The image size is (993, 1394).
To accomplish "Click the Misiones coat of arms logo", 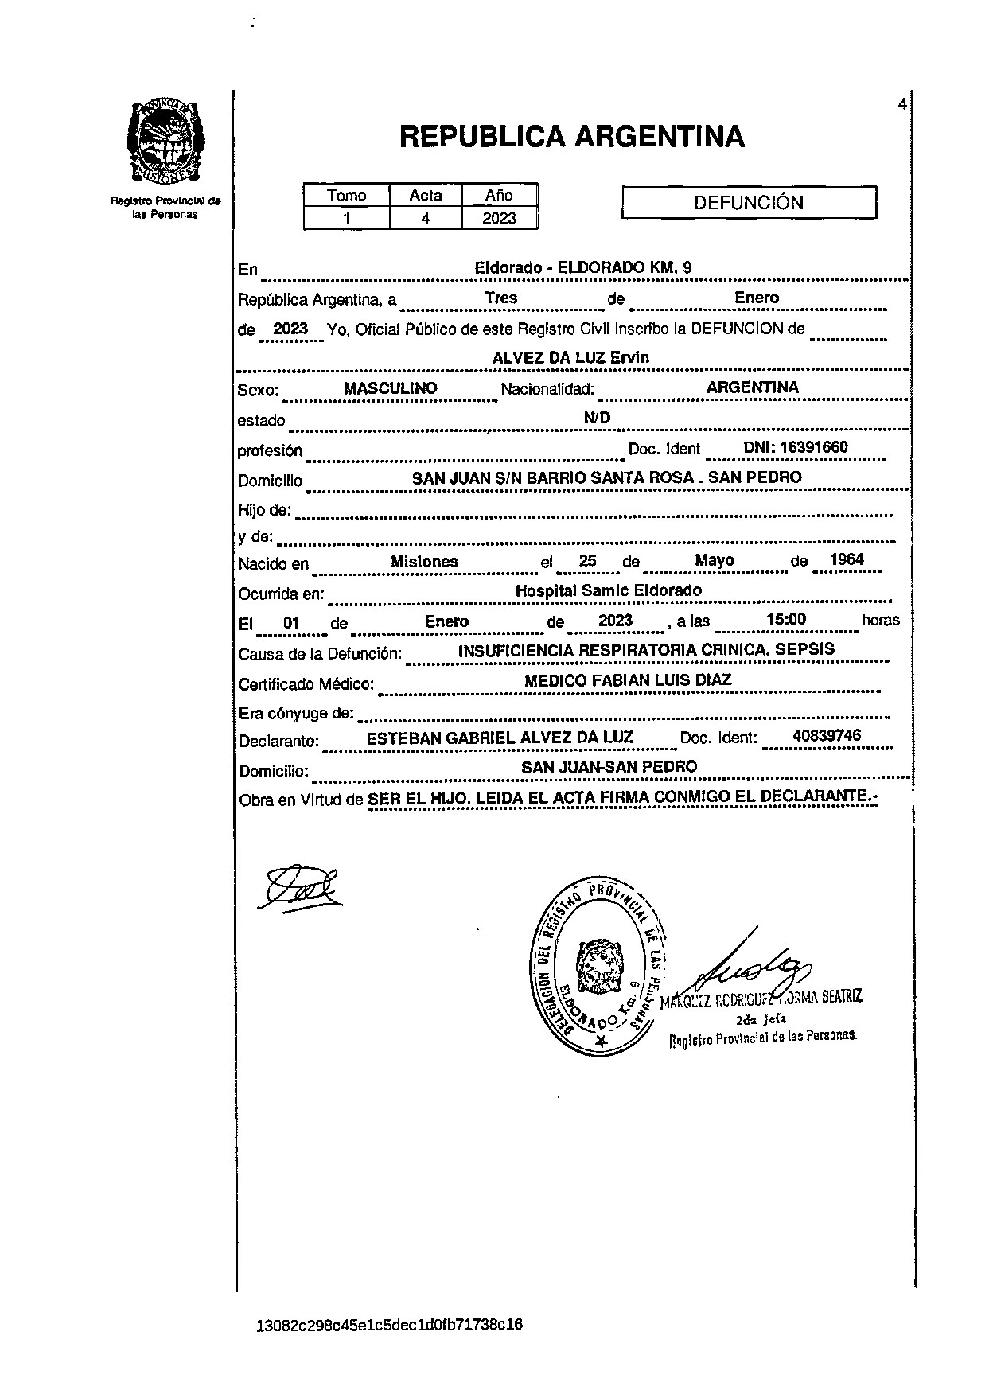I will pos(165,141).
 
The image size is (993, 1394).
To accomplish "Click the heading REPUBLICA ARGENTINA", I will pos(571,137).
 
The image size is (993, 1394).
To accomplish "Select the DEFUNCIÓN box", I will pos(748,203).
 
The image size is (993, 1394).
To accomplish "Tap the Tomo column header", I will pos(347,196).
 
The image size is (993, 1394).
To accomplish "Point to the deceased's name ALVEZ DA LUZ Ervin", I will pos(570,358).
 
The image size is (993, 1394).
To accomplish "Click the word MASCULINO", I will pos(390,388).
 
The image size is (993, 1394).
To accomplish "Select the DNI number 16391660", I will pos(796,448).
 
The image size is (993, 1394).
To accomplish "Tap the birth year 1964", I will pos(846,560).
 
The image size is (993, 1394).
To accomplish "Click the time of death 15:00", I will pos(786,620).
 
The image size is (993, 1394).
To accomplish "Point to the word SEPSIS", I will pos(806,649).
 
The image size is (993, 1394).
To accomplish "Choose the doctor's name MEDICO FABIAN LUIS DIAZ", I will pos(627,680).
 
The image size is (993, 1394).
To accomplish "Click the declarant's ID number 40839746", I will pos(827,736).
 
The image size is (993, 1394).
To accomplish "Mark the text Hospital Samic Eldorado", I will pos(609,590).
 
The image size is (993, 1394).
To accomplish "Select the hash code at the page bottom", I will pos(389,1325).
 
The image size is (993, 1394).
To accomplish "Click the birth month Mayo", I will pos(714,560).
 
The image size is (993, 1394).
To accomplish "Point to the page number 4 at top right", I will pos(901,104).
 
